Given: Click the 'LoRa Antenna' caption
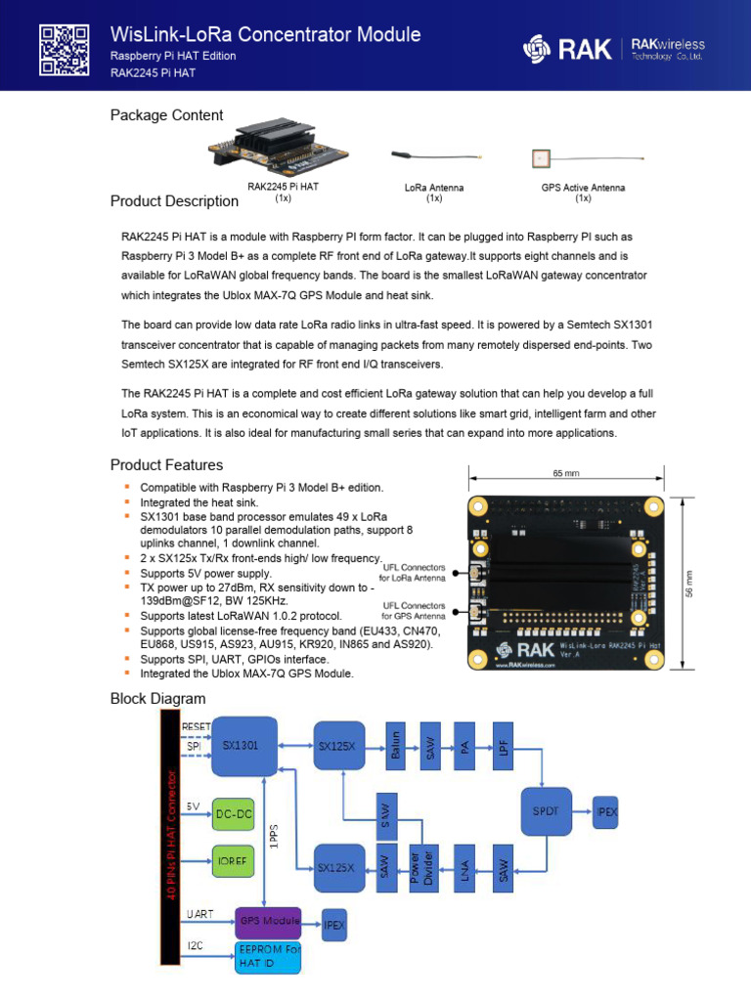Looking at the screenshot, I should click(433, 187).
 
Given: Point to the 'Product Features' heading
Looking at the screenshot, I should click(166, 465).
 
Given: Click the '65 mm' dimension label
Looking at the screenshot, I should click(565, 474).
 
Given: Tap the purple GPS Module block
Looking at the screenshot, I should click(267, 921).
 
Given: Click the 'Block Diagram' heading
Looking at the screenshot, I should click(157, 698).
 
